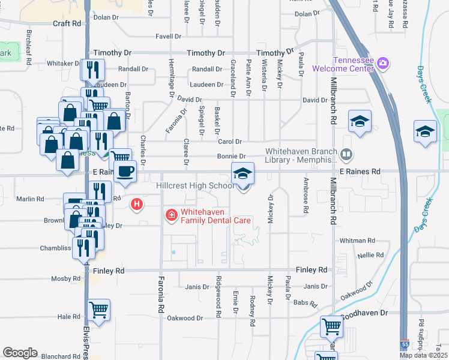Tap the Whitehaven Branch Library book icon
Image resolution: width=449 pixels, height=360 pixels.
coord(346,155)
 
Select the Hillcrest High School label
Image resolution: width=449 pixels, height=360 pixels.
coord(194,186)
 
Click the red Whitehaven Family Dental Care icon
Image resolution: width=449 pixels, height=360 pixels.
coord(170,214)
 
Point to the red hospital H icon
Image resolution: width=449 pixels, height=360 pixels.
coord(137,205)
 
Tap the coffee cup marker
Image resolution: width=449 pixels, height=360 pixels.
coord(125,172)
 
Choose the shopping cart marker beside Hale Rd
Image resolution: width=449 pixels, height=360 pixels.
coord(99,310)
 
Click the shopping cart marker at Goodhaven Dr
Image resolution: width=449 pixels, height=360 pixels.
coord(331,326)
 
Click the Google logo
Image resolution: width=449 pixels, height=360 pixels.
coord(20,353)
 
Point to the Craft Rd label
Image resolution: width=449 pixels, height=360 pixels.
coord(67,23)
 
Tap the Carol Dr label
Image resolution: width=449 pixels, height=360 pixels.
coord(229,142)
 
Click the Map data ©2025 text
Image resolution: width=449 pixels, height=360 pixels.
coord(423,355)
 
